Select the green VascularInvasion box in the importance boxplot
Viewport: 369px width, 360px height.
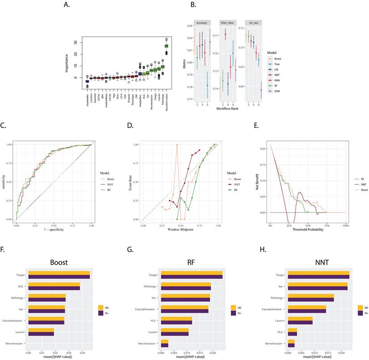(166, 46)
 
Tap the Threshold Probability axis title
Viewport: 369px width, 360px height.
(307, 229)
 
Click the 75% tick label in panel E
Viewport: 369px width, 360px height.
(327, 224)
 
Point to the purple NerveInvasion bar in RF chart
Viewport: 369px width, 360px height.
(165, 344)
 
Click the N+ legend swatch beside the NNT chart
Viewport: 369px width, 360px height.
(361, 313)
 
